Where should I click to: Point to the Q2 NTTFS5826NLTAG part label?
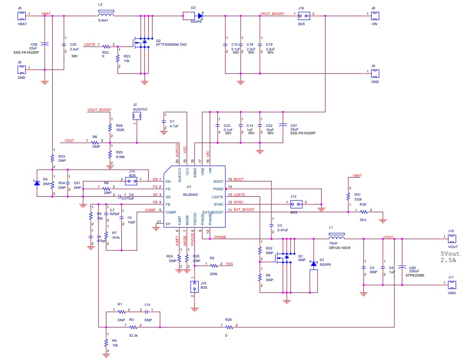(x=171, y=44)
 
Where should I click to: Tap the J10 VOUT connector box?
(x=452, y=239)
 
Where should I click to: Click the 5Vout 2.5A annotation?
(x=451, y=257)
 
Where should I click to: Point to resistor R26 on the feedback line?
(x=229, y=327)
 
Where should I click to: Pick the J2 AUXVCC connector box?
(x=137, y=116)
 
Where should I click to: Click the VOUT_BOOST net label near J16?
(x=272, y=14)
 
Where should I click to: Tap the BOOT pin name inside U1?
(x=219, y=181)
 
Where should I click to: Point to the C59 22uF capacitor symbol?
(x=44, y=44)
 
